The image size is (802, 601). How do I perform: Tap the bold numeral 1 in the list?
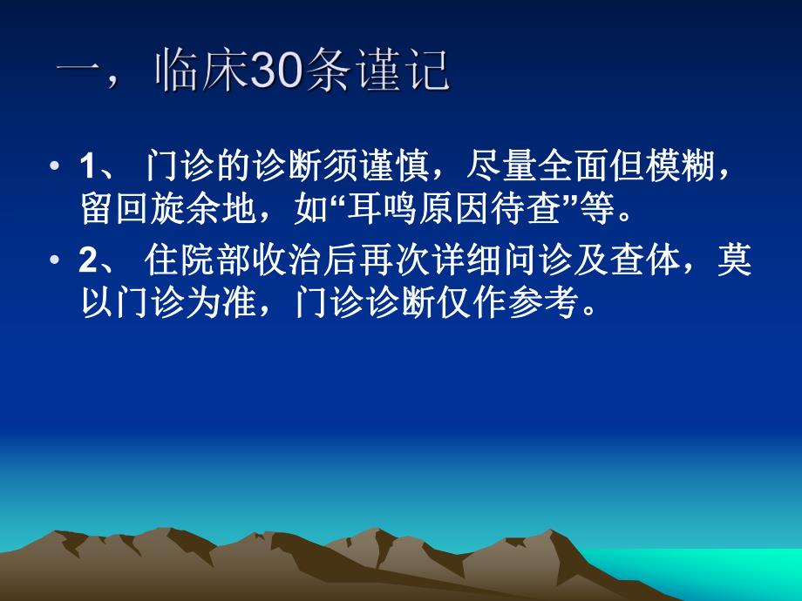coord(85,166)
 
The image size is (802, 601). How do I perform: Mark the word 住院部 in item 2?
coord(191,261)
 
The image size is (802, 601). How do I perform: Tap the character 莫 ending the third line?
coord(732,261)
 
